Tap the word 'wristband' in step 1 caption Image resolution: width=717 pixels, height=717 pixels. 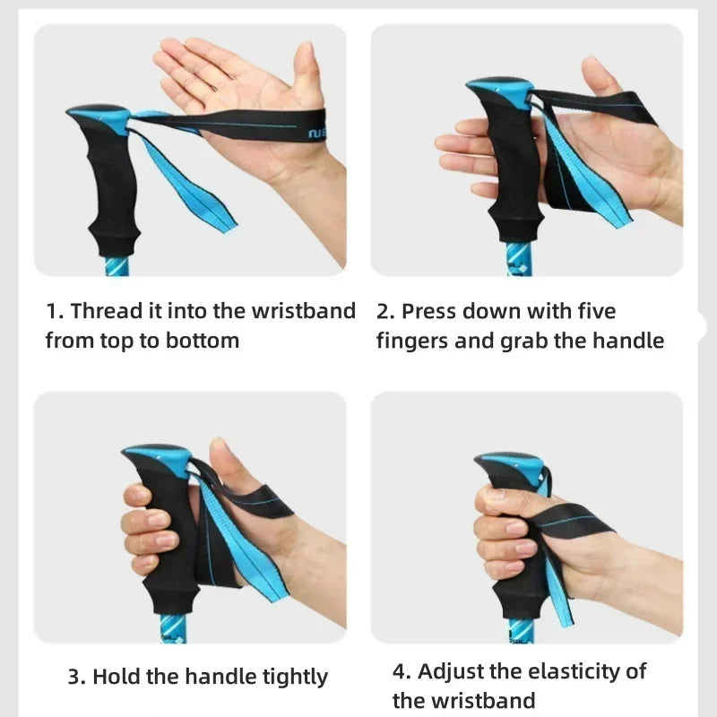304,311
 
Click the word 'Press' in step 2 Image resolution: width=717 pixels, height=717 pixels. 429,311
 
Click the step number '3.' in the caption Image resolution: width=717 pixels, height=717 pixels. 77,678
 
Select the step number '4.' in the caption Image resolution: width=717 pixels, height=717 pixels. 402,671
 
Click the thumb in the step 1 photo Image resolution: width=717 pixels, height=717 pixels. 307,73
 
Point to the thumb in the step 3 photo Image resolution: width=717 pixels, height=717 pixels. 229,466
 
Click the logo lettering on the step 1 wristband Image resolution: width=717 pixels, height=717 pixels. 317,133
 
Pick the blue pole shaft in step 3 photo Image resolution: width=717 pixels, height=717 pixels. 173,629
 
